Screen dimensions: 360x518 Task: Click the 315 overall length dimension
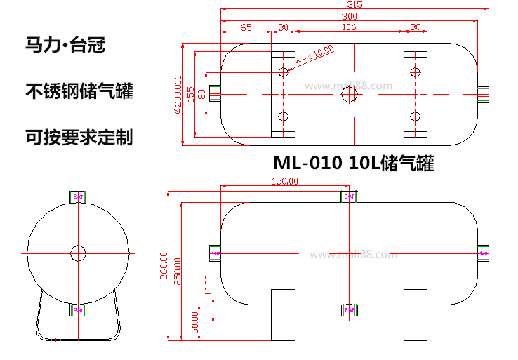pos(354,4)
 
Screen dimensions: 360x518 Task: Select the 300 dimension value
pos(349,15)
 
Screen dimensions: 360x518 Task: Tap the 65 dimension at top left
pos(246,27)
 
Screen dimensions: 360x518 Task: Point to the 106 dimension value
pos(348,27)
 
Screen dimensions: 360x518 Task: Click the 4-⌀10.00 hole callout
pos(315,55)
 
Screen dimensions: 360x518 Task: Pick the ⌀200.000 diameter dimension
pos(178,94)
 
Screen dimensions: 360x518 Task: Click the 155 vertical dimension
pos(190,94)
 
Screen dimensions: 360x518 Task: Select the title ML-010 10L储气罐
pos(354,164)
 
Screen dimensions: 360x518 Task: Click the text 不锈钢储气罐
pos(79,91)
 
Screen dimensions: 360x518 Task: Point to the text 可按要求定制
pos(79,135)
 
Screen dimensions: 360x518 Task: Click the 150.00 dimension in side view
pos(284,181)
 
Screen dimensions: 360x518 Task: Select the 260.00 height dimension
pos(164,265)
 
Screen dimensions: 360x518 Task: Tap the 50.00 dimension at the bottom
pos(195,322)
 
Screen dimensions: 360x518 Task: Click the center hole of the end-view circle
pos(78,253)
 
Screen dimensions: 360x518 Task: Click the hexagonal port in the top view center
pos(349,94)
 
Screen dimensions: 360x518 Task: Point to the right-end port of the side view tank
pos(483,253)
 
